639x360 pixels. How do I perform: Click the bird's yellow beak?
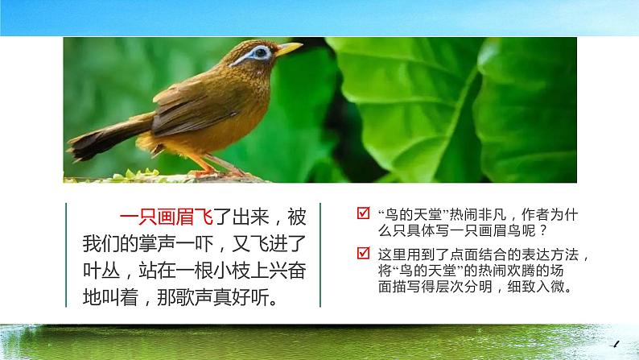[x=288, y=49]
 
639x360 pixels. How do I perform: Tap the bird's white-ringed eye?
[x=260, y=53]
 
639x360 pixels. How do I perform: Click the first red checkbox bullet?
[x=363, y=215]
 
